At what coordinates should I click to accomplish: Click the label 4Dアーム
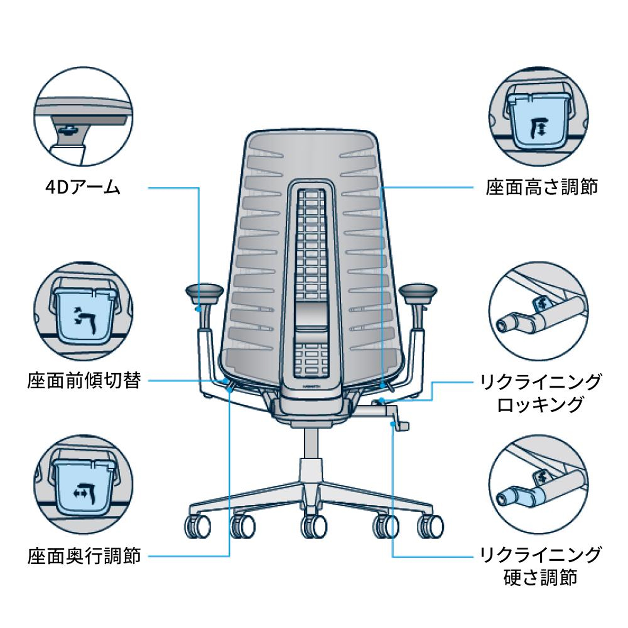pos(83,188)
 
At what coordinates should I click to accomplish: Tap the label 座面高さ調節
pos(542,188)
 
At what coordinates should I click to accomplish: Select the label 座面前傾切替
pos(84,380)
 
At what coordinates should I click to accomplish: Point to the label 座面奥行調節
pos(84,556)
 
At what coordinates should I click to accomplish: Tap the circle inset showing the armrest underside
pos(83,116)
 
